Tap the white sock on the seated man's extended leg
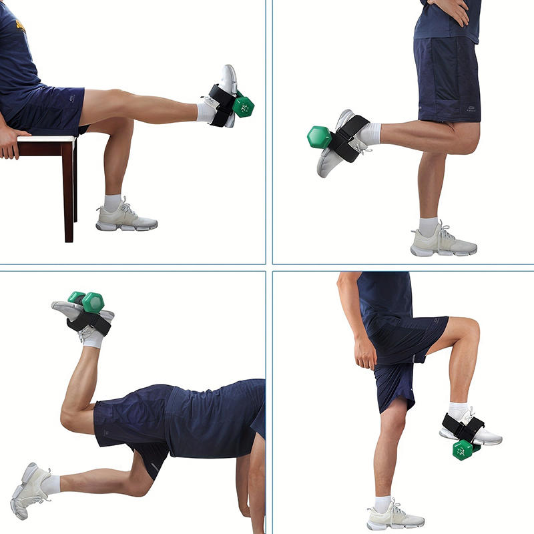point(205,110)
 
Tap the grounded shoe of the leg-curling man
point(442,242)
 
